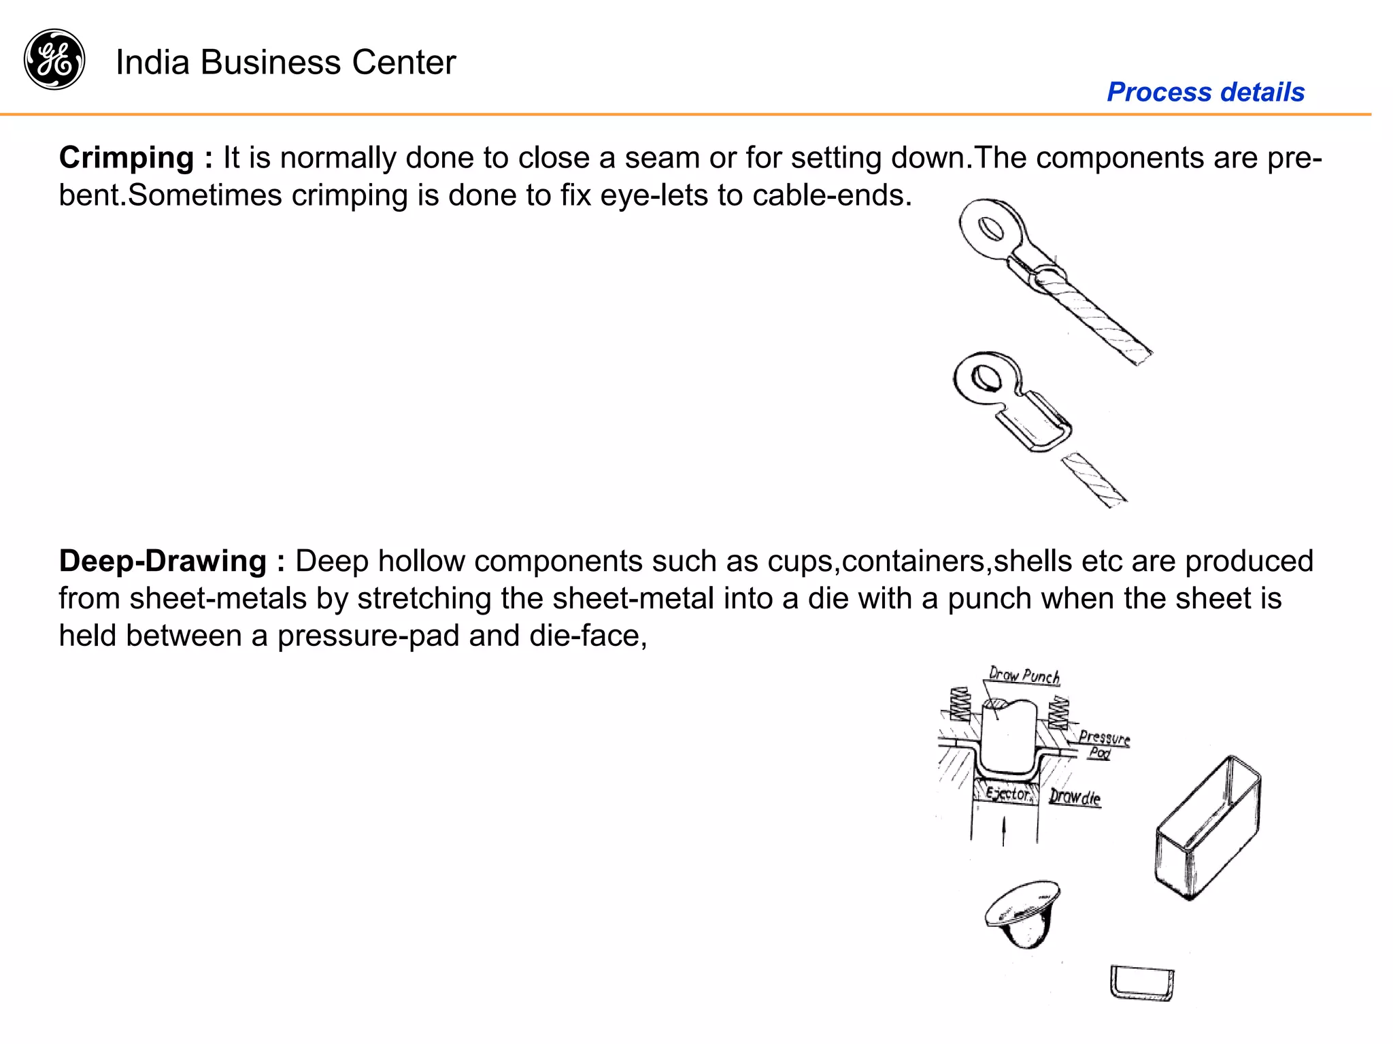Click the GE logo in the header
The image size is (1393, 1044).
(x=54, y=59)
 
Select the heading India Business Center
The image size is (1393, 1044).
(x=286, y=63)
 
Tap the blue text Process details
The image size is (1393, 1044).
(x=1205, y=92)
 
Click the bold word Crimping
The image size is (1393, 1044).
(x=127, y=158)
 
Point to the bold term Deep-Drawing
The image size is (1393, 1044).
(x=163, y=561)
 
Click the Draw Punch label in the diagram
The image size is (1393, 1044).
(x=1024, y=676)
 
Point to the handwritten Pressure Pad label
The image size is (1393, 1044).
(x=1103, y=744)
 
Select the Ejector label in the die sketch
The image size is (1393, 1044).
(x=1007, y=794)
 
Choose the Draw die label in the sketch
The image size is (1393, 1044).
(x=1074, y=797)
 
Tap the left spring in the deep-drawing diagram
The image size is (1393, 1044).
(x=960, y=704)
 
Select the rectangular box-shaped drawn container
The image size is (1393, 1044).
(x=1207, y=827)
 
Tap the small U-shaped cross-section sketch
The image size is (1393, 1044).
(x=1142, y=983)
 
